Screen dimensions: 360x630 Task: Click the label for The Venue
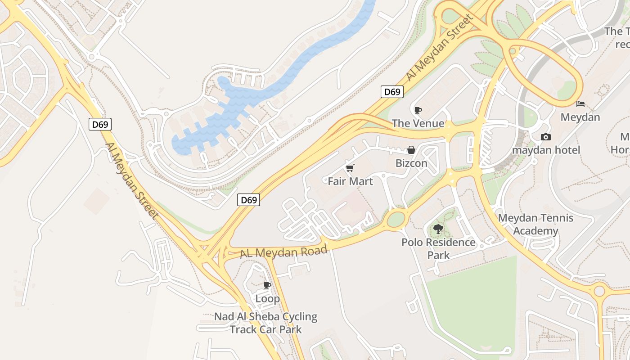pos(418,123)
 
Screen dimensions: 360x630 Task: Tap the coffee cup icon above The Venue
pos(418,110)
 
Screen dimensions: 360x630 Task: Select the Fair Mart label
pos(350,181)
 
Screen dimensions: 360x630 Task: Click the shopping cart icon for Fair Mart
pos(350,168)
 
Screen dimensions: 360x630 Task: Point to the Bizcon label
pos(411,163)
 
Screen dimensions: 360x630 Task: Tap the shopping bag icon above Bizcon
pos(411,150)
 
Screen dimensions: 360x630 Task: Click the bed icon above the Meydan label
pos(580,104)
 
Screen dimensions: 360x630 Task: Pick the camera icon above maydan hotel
pos(545,137)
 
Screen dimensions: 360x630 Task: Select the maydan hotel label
pos(546,150)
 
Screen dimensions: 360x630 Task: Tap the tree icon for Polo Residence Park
pos(438,229)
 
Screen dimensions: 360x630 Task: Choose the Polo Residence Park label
pos(438,249)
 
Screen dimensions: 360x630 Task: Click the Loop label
pos(267,298)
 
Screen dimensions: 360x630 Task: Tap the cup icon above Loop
pos(267,285)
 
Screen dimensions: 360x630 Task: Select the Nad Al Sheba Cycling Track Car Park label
pos(265,323)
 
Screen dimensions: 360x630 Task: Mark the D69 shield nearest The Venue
pos(391,92)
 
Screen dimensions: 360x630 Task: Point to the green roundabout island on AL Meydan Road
pos(396,220)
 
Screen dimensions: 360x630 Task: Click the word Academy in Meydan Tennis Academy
pos(535,231)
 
